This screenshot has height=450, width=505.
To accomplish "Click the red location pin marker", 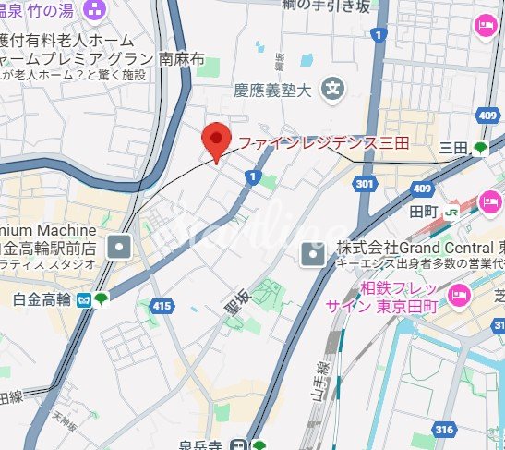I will (215, 140).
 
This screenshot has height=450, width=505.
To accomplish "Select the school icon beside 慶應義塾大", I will (331, 90).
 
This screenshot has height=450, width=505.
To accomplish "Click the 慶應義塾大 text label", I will (273, 90).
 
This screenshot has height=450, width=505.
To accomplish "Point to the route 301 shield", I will (366, 185).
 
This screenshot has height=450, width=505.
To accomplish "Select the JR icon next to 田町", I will (451, 212).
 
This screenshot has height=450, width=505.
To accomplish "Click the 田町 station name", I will (424, 212).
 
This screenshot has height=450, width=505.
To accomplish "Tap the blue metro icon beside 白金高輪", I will (83, 298).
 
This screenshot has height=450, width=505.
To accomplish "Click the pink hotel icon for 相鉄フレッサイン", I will (456, 295).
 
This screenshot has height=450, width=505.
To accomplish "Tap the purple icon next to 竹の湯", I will (92, 10).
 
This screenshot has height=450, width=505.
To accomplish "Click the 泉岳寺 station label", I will (199, 444).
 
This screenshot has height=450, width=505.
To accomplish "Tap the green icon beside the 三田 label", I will (480, 147).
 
